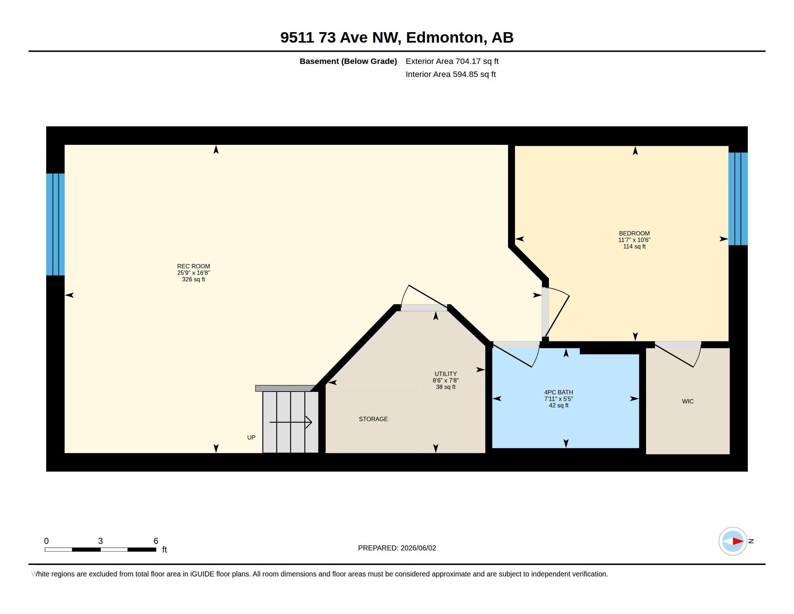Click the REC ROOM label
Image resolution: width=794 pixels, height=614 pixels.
193,266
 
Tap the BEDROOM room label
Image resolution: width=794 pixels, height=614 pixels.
634,234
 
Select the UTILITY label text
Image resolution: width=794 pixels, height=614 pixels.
445,374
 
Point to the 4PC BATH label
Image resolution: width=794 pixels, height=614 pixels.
558,392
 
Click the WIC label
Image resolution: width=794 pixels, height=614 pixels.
688,401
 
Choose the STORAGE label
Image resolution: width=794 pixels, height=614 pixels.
373,419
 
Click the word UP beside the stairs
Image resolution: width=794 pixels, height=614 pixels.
251,437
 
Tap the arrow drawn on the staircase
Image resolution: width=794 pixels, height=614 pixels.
291,422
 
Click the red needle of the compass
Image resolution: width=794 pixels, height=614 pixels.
738,541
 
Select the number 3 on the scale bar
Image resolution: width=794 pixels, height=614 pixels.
100,541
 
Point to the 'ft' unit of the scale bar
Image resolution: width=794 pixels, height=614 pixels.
164,549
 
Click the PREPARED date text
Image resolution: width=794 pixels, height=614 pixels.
397,548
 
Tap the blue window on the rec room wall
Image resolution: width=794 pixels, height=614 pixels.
55,224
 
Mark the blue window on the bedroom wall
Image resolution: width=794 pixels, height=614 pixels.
738,199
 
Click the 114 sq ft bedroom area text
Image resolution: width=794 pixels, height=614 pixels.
634,246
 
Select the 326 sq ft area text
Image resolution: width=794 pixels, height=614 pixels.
193,279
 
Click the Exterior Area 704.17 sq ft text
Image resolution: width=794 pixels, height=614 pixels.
452,61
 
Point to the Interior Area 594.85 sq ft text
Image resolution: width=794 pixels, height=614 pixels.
450,74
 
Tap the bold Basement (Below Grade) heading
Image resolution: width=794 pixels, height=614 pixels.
348,61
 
